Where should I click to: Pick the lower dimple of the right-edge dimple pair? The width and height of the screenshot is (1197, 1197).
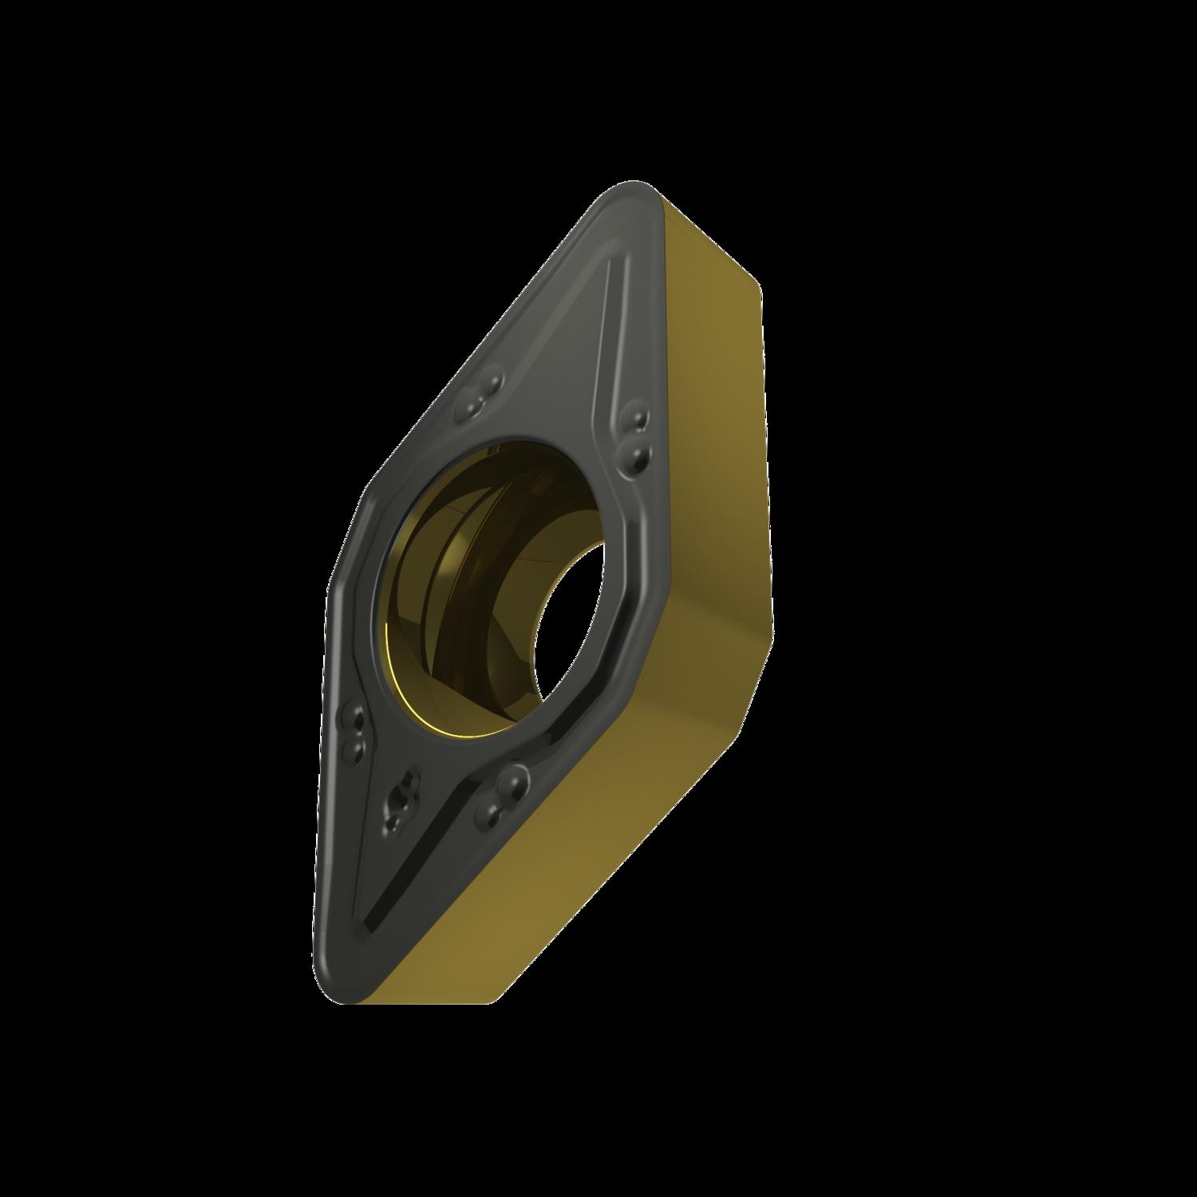point(639,455)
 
